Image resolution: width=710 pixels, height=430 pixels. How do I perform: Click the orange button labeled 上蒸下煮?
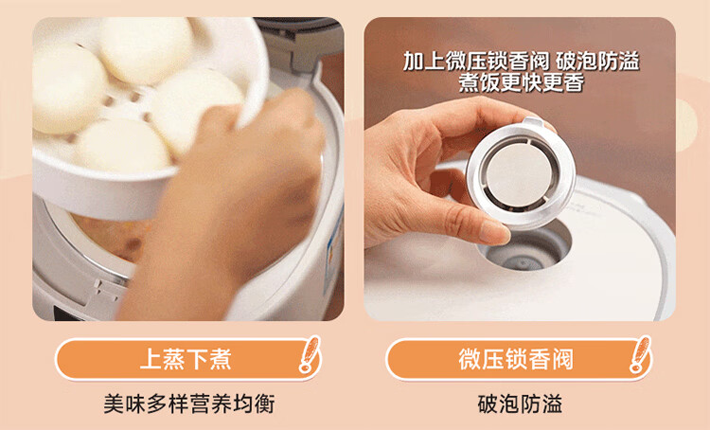188,359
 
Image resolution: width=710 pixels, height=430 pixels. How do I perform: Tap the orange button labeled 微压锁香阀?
519,359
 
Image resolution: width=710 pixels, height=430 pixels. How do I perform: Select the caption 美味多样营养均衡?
188,403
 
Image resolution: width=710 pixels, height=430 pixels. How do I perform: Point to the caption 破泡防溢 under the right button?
520,403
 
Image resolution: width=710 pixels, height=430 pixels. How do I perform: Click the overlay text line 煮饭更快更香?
522,83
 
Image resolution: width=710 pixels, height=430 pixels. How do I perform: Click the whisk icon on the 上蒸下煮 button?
310,354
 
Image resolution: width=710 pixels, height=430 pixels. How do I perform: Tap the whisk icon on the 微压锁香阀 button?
640,354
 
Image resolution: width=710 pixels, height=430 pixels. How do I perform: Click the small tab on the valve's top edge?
533,122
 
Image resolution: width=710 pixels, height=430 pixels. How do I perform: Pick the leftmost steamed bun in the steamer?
68,88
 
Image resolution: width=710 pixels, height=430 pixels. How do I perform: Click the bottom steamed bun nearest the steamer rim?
122,145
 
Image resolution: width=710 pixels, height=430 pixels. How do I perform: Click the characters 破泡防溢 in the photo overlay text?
597,62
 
